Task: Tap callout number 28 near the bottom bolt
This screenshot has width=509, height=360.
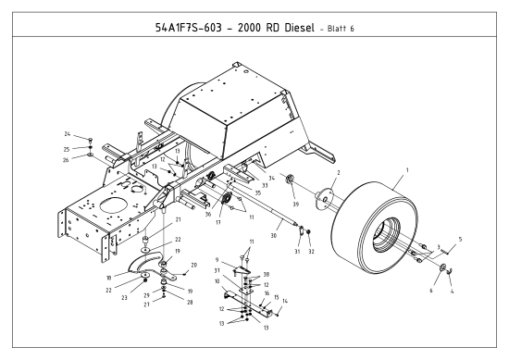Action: point(192,302)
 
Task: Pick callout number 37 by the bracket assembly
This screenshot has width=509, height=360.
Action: point(217,271)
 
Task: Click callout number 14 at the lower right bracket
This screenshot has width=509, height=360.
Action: point(285,302)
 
